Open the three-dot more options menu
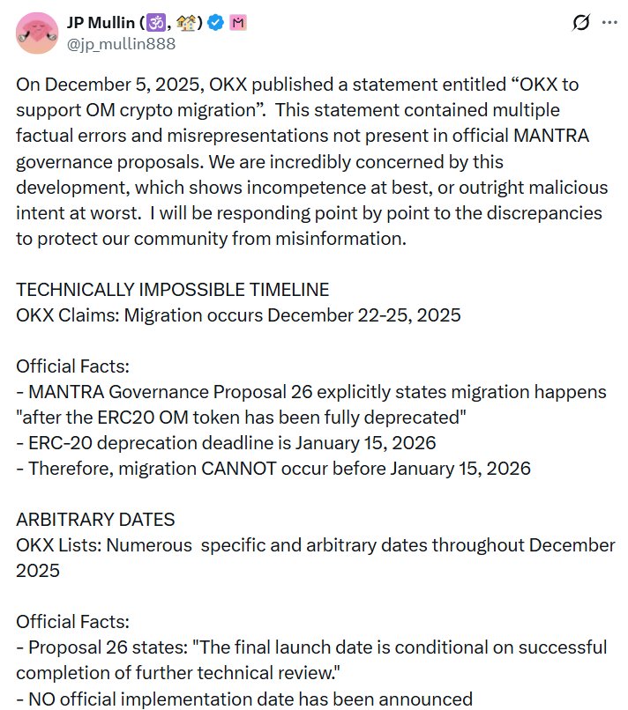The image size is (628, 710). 608,24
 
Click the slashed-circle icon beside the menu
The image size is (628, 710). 580,24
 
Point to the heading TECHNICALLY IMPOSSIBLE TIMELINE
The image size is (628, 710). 173,290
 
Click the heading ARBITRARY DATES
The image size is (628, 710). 96,520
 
